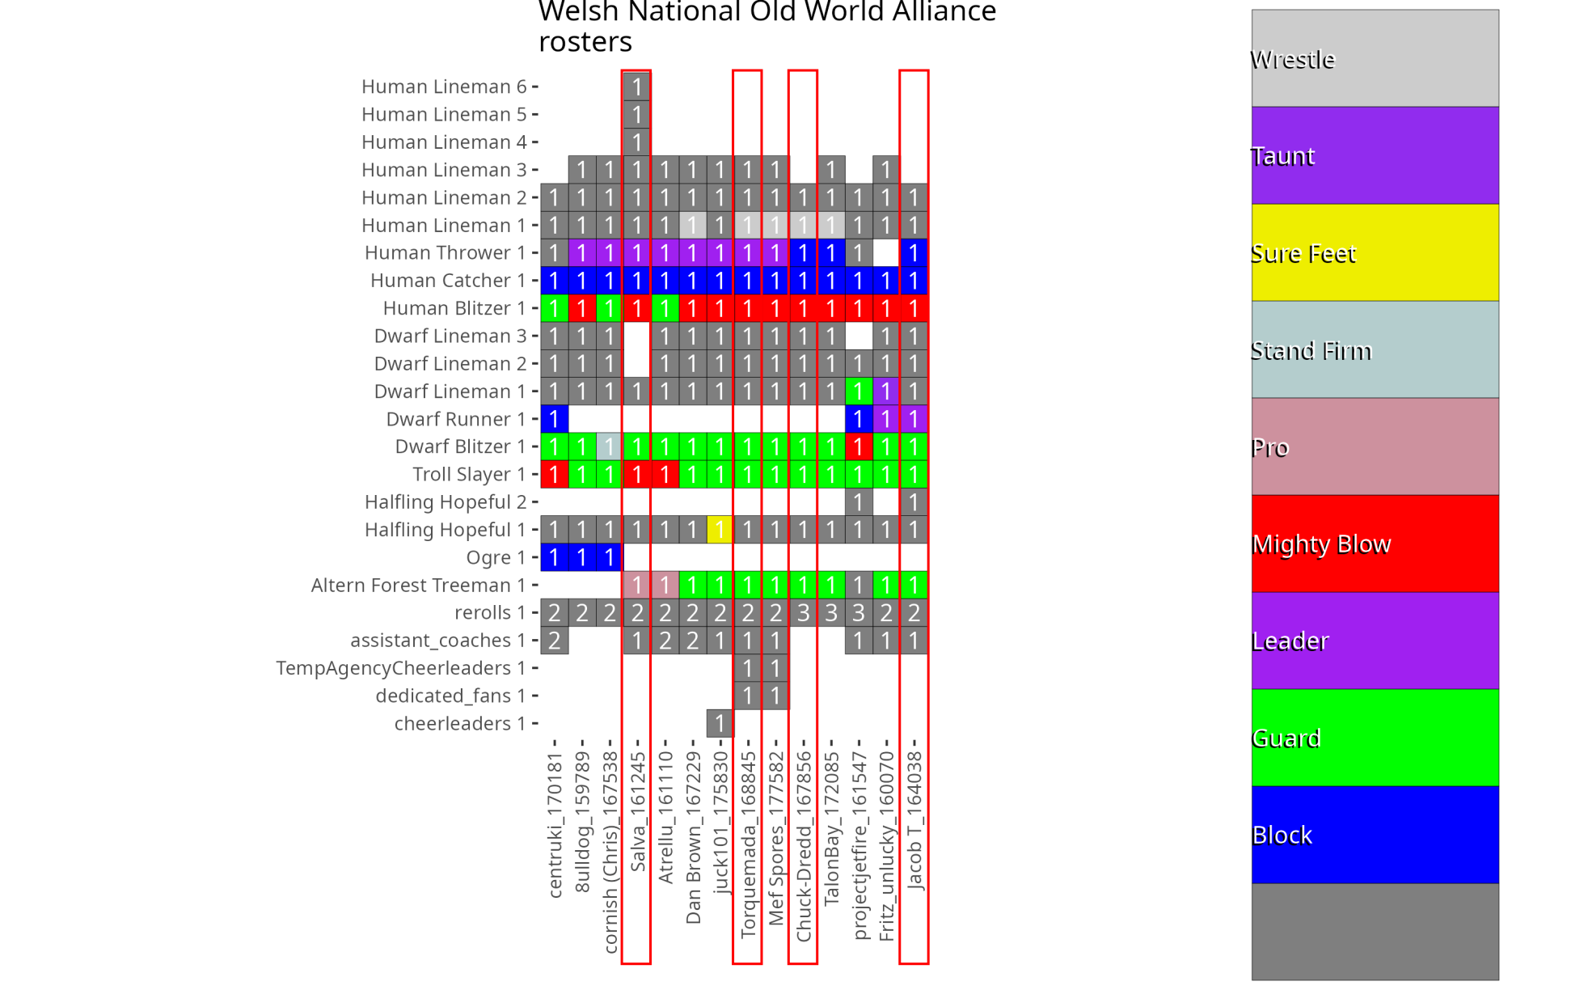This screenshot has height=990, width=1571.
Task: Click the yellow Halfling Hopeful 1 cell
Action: [x=719, y=530]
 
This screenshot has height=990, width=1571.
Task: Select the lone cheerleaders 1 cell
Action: [x=719, y=723]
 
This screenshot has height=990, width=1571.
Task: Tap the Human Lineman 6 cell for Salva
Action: [x=636, y=87]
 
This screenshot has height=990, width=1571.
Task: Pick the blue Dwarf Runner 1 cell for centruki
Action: [x=554, y=419]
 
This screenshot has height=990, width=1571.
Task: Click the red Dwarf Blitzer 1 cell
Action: [x=858, y=446]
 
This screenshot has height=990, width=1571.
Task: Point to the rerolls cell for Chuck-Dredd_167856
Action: [x=803, y=612]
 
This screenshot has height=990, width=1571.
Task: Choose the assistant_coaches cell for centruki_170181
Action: [x=554, y=641]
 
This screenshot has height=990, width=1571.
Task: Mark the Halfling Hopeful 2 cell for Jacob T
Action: [x=914, y=502]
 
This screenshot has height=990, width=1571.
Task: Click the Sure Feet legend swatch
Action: [x=1375, y=252]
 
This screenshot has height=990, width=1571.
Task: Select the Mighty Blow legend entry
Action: [x=1375, y=544]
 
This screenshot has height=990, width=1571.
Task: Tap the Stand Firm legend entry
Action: [x=1375, y=349]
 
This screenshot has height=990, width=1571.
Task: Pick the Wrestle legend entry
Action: [x=1375, y=58]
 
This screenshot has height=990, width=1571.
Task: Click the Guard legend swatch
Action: [x=1375, y=738]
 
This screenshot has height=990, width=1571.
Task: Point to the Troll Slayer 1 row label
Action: [x=469, y=475]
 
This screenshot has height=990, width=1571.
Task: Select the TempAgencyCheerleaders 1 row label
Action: [x=400, y=668]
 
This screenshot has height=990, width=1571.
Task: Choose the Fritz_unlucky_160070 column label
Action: [x=886, y=846]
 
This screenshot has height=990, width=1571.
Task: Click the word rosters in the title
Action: [x=585, y=41]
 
